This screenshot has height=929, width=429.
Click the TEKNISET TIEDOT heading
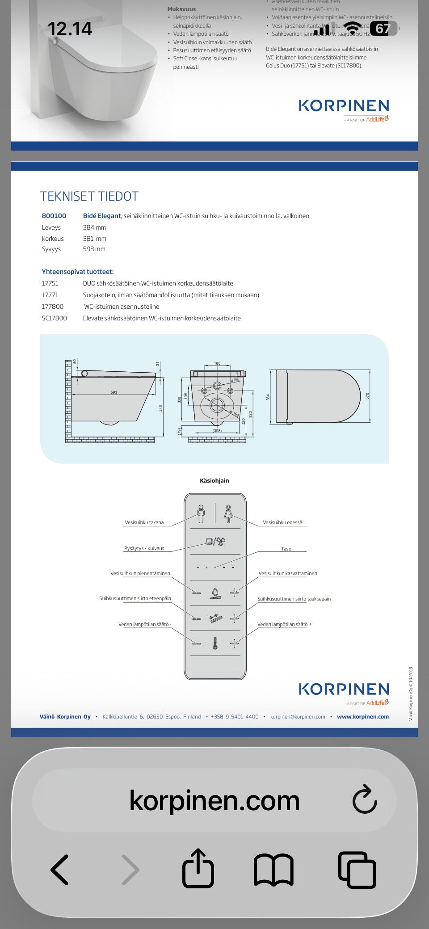pyautogui.click(x=89, y=196)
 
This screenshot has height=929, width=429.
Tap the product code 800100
pyautogui.click(x=54, y=216)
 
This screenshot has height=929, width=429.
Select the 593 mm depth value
pyautogui.click(x=94, y=249)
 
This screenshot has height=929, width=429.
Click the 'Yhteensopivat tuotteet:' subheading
pyautogui.click(x=77, y=272)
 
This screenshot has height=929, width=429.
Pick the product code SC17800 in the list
pyautogui.click(x=54, y=318)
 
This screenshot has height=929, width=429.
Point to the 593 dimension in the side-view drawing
pyautogui.click(x=114, y=392)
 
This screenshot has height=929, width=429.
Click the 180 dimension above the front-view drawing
pyautogui.click(x=217, y=363)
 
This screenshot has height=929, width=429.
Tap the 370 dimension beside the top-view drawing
pyautogui.click(x=367, y=396)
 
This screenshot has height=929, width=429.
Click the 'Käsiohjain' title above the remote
pyautogui.click(x=214, y=481)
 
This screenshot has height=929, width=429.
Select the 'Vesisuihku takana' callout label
pyautogui.click(x=144, y=522)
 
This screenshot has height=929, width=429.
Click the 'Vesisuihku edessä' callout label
pyautogui.click(x=282, y=522)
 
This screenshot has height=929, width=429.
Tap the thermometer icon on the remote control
pyautogui.click(x=215, y=643)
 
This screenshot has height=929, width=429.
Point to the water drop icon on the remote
pyautogui.click(x=215, y=593)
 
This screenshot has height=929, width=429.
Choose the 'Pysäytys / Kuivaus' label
pyautogui.click(x=144, y=548)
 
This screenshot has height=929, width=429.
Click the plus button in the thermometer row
pyautogui.click(x=234, y=643)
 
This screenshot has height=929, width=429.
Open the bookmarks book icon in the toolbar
pyautogui.click(x=273, y=870)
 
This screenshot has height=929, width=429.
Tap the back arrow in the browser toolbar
pyautogui.click(x=60, y=870)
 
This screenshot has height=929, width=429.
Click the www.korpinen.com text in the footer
pyautogui.click(x=362, y=717)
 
